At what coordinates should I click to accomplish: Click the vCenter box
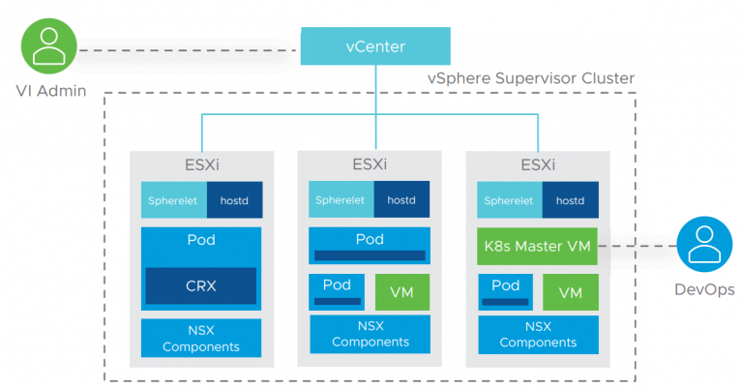point(374,46)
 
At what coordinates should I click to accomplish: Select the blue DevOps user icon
point(703,246)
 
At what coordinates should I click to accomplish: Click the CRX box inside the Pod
point(200,285)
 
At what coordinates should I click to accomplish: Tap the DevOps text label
point(703,290)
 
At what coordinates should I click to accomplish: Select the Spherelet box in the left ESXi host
point(173,200)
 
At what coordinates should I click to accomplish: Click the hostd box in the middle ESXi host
point(401,199)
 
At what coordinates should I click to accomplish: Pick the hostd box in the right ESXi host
point(570,200)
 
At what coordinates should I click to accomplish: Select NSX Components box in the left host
point(200,338)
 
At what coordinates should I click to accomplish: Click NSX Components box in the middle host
point(370,334)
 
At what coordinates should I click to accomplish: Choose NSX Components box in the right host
point(538,334)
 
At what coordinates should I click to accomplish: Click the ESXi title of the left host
point(200,165)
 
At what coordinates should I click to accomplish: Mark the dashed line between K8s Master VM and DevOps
point(635,246)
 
